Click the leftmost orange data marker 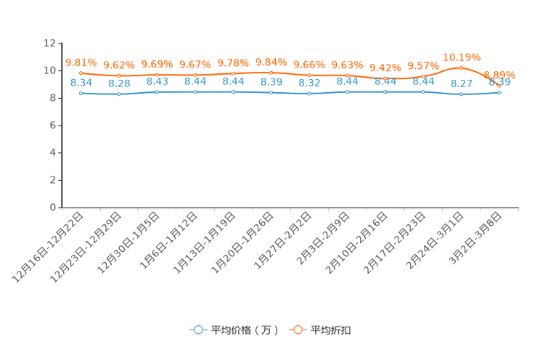(x=81, y=73)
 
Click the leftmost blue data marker (x=81, y=93)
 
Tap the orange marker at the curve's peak (x=461, y=68)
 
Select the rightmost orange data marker (x=499, y=86)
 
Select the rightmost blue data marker (x=499, y=92)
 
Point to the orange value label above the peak (x=461, y=57)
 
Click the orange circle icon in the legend (x=298, y=330)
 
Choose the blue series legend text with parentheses (x=245, y=330)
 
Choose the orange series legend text (x=332, y=330)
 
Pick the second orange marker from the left (x=119, y=75)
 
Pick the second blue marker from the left (x=119, y=94)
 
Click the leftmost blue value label (x=81, y=82)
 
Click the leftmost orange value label (x=81, y=62)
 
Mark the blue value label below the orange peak (x=461, y=83)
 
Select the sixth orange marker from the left (x=271, y=72)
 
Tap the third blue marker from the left (x=157, y=92)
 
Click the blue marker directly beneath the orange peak (x=461, y=94)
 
